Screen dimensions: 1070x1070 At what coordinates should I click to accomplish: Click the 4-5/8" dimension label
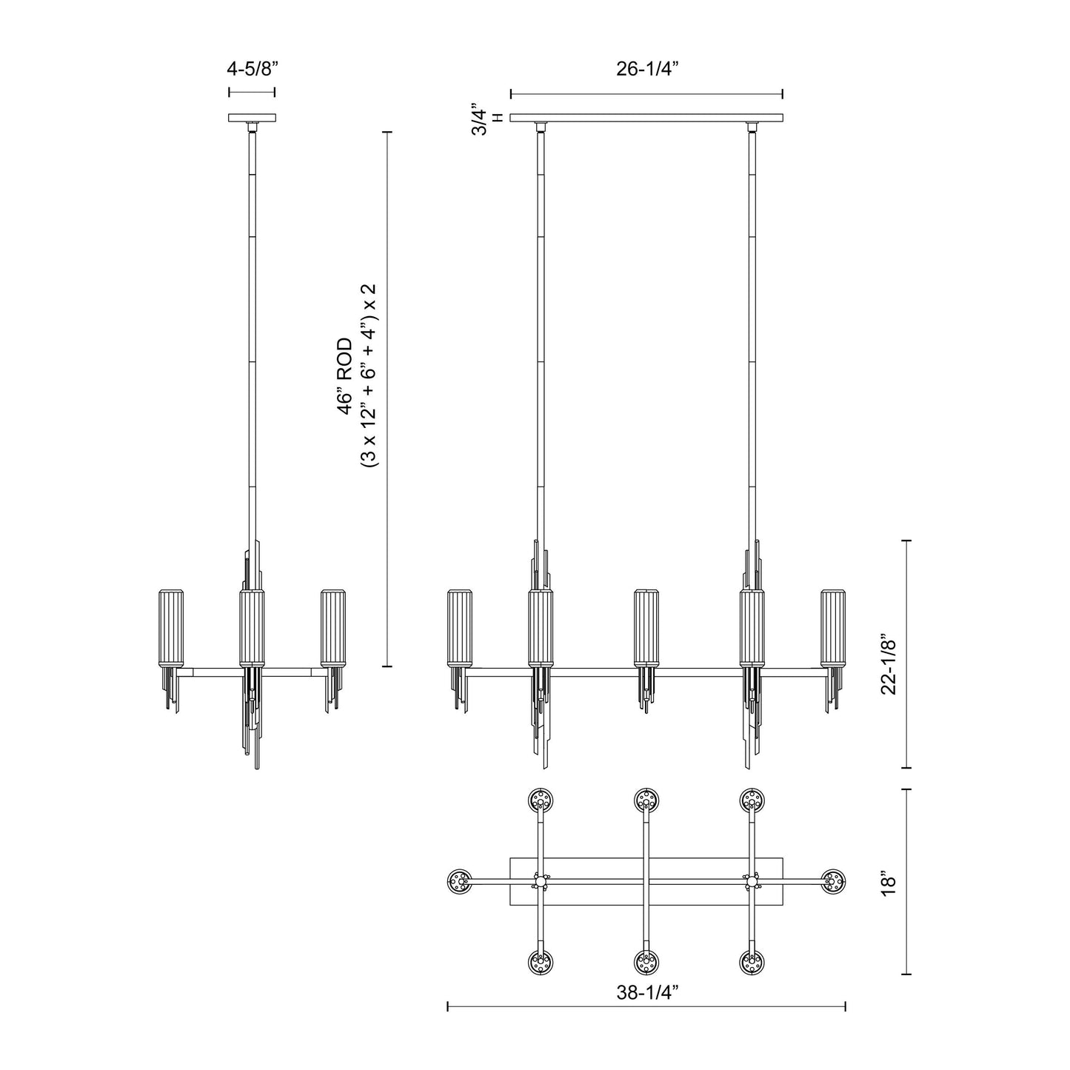[252, 70]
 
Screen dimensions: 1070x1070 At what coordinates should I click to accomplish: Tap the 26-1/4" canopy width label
[647, 70]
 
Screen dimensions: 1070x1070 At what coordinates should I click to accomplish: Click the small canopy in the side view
[252, 118]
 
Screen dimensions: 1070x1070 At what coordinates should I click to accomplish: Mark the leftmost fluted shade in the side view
[172, 627]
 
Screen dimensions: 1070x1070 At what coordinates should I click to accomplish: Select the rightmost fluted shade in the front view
[833, 627]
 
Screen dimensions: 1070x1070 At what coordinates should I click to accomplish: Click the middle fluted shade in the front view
[646, 627]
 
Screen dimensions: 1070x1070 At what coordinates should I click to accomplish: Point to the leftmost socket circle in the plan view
[461, 881]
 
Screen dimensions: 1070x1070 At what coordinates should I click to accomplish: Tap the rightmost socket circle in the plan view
[834, 881]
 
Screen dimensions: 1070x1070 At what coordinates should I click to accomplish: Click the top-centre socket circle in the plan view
[646, 800]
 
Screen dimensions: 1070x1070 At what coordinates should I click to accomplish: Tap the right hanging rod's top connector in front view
[752, 127]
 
